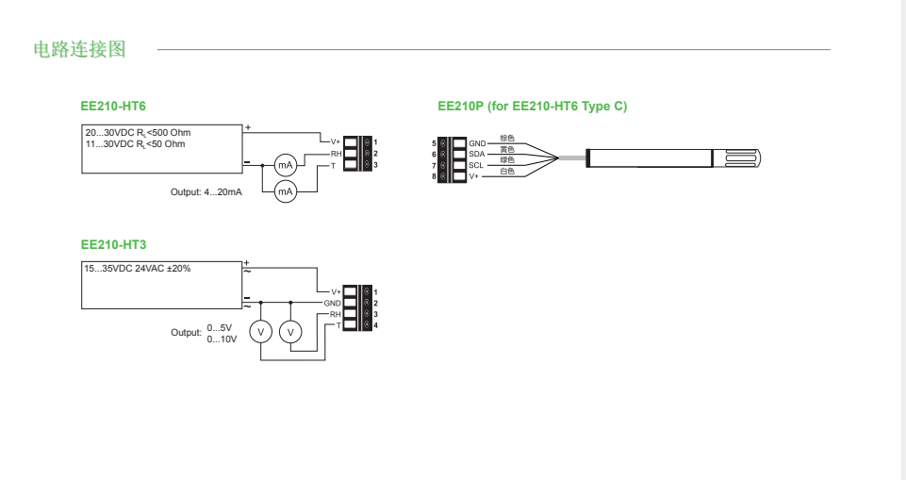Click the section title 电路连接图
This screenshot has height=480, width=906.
click(x=79, y=49)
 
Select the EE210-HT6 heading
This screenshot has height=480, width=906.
click(x=114, y=107)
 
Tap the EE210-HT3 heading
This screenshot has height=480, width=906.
click(x=114, y=244)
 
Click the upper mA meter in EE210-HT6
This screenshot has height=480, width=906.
click(x=285, y=165)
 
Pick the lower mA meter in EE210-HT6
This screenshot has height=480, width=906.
click(x=285, y=191)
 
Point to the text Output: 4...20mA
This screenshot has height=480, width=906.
click(x=206, y=191)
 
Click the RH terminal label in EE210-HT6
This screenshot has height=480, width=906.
click(x=336, y=154)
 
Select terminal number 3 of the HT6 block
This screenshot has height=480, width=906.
click(x=375, y=166)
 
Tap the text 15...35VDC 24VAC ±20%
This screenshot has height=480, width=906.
click(x=138, y=269)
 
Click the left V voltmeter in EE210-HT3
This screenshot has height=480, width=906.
click(x=261, y=332)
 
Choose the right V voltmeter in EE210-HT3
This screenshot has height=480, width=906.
click(x=291, y=332)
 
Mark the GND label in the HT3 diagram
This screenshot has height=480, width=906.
click(x=332, y=304)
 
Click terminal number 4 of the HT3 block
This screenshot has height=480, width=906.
click(x=375, y=325)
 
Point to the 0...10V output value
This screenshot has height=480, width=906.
click(x=222, y=339)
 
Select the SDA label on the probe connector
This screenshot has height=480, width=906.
click(x=477, y=154)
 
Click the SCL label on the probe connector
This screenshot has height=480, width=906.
click(x=476, y=165)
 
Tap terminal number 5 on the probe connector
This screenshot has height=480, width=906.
click(x=434, y=142)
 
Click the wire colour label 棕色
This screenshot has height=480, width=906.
click(x=507, y=138)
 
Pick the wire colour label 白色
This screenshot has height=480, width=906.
click(x=507, y=172)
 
